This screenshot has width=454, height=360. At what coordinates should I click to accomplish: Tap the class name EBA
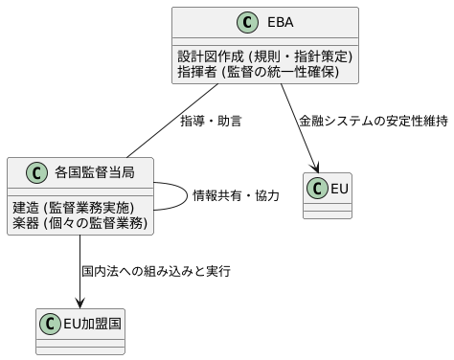coord(279,23)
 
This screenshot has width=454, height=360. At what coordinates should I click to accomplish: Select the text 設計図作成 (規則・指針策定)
coord(265,56)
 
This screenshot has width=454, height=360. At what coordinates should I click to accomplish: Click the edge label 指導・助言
coord(211,122)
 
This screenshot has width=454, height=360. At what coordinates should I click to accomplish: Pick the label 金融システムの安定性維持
coord(374,122)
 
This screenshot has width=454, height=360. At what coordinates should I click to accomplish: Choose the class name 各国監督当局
coord(95,173)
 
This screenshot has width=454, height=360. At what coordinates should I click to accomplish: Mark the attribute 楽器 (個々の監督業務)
coord(79,222)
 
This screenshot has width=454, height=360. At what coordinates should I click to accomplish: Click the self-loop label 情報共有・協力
coord(236,196)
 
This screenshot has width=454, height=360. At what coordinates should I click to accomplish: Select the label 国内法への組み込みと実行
coord(156,272)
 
